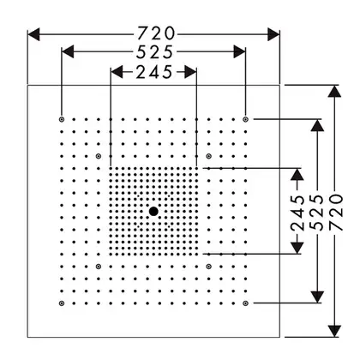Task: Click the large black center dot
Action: [x=153, y=212]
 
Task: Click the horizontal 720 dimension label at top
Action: [x=156, y=33]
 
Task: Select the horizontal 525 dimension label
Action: [x=154, y=52]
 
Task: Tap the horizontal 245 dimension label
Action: [x=154, y=72]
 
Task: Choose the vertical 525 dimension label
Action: [x=316, y=213]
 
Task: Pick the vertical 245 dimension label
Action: [x=297, y=213]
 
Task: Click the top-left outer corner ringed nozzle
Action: [x=62, y=119]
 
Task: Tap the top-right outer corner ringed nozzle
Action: [x=245, y=119]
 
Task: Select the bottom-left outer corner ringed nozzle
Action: [x=62, y=303]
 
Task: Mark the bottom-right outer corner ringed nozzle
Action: [x=245, y=303]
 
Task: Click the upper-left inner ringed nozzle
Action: [x=99, y=156]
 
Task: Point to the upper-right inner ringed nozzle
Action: [x=208, y=156]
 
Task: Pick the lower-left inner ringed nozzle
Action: [x=99, y=267]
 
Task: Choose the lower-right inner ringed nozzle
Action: [x=208, y=267]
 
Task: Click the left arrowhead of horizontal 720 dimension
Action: [x=33, y=34]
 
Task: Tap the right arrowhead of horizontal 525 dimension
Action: [x=239, y=51]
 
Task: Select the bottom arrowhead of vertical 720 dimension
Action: [x=334, y=331]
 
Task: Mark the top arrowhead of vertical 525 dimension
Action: [x=317, y=125]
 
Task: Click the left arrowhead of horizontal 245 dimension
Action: [x=117, y=72]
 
